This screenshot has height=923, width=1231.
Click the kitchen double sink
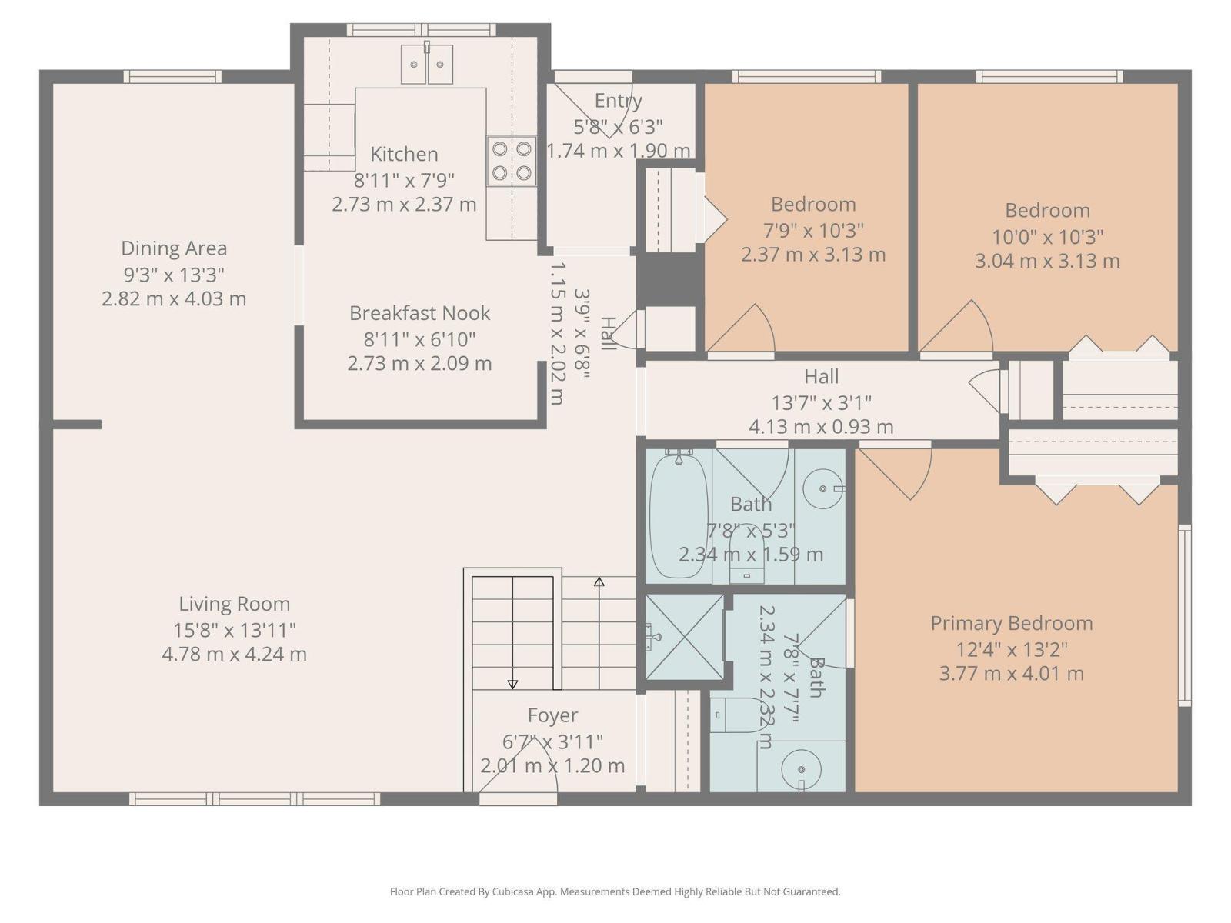tap(427, 64)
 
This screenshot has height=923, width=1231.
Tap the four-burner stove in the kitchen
tap(512, 161)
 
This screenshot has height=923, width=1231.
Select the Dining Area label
tap(174, 248)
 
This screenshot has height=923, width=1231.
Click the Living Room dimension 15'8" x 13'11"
tap(235, 630)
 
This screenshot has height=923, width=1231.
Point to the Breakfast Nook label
tap(419, 313)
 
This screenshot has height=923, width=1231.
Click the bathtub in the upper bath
tap(679, 515)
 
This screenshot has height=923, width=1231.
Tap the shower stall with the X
tap(684, 637)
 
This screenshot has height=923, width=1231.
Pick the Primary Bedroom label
tap(1011, 623)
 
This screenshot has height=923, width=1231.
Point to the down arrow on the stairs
tap(513, 684)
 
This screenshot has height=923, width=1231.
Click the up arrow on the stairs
tap(599, 582)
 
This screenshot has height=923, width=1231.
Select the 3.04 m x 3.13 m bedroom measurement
tap(1046, 261)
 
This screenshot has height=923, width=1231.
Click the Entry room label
tap(618, 101)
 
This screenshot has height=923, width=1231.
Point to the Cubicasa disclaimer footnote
tap(615, 891)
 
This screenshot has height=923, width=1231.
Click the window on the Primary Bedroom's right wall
tap(1185, 615)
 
